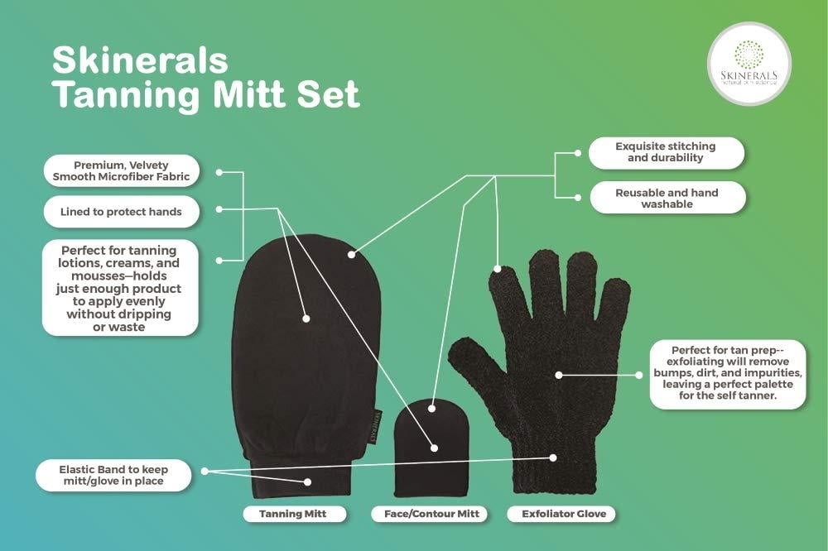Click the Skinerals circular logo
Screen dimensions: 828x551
[749, 64]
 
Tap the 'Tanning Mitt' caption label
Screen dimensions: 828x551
[294, 514]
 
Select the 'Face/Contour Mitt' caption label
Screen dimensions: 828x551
[429, 514]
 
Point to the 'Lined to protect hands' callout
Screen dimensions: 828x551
[121, 212]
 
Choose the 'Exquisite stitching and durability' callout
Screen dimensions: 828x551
[666, 152]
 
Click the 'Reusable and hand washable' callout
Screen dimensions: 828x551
[667, 198]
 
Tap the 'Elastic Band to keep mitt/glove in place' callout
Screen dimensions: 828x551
[113, 475]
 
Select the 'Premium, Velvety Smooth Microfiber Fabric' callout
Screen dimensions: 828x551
[121, 171]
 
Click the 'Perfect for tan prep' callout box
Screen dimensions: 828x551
[728, 374]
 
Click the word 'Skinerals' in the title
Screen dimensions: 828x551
[141, 60]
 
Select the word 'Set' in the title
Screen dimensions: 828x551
[328, 94]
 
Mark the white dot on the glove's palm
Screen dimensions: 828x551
[559, 375]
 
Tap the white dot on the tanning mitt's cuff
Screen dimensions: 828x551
[307, 482]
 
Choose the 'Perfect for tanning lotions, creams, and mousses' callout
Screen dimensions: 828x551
[120, 288]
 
